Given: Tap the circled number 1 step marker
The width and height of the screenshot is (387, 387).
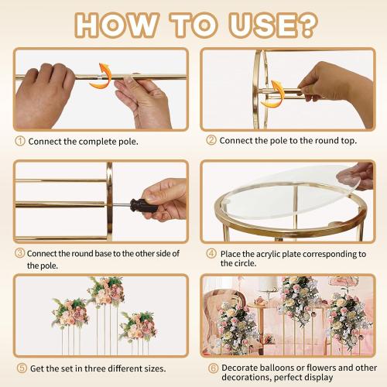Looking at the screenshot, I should [x=20, y=142].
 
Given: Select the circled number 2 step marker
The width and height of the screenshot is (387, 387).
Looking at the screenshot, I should [x=211, y=141].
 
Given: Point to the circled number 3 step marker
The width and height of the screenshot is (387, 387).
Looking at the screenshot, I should [x=20, y=253].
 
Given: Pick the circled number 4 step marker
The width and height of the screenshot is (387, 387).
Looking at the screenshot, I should [x=211, y=254].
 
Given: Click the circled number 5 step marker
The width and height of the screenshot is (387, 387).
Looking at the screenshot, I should [x=20, y=368].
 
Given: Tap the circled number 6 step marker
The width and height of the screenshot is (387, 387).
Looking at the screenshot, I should [x=211, y=368].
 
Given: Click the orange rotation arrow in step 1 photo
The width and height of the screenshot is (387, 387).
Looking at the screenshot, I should [x=101, y=76].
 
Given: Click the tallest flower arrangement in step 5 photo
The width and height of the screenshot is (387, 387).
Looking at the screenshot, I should [x=106, y=291].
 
